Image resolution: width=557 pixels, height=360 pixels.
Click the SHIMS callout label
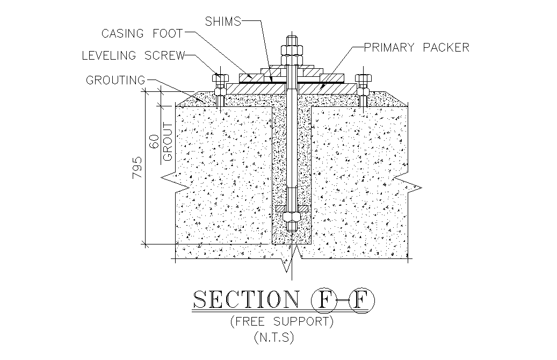pos(223,21)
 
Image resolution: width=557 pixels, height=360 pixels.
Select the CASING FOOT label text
pos(142,34)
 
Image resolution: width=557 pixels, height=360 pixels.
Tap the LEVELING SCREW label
pos(134,56)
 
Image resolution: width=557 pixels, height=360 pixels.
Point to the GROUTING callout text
pos(115,80)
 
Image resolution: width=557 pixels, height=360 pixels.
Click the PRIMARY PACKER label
pos(417,48)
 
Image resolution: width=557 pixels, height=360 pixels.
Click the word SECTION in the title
pos(245,299)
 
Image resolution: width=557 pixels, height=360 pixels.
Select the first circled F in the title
pos(323,300)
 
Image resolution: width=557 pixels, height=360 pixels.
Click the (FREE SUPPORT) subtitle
pos(281,322)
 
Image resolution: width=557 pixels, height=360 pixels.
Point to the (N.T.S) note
pos(274,337)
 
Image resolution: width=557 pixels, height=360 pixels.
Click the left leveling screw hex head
pos(220,78)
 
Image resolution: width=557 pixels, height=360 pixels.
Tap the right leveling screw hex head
pos(363,78)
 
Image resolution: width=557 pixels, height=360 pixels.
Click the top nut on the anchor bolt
pos(292,49)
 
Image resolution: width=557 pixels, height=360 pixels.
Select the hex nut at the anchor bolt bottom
pos(292,216)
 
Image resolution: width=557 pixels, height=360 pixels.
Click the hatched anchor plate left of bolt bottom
pos(280,208)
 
